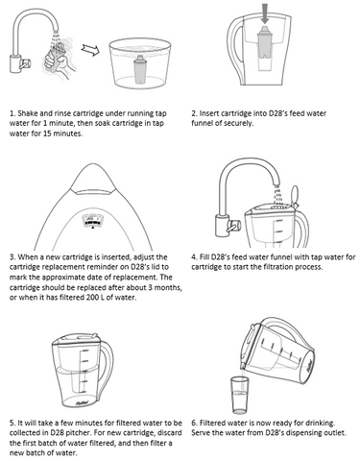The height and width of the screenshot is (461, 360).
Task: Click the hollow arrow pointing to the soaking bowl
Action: (90, 50)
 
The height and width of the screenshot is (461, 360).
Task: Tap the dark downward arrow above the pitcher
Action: (264, 13)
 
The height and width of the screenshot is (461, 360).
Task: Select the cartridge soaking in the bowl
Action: (140, 69)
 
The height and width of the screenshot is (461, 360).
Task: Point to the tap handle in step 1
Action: (25, 64)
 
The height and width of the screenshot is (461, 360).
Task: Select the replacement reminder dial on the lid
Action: (92, 220)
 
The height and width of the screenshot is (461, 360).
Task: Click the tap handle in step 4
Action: (233, 226)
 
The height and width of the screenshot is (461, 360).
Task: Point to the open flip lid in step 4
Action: (295, 195)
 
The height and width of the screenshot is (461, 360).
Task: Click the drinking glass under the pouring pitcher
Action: (240, 395)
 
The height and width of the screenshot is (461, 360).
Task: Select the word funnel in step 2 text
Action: (201, 123)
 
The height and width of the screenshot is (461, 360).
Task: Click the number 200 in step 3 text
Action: (92, 298)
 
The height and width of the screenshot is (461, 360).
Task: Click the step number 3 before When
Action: (12, 257)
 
